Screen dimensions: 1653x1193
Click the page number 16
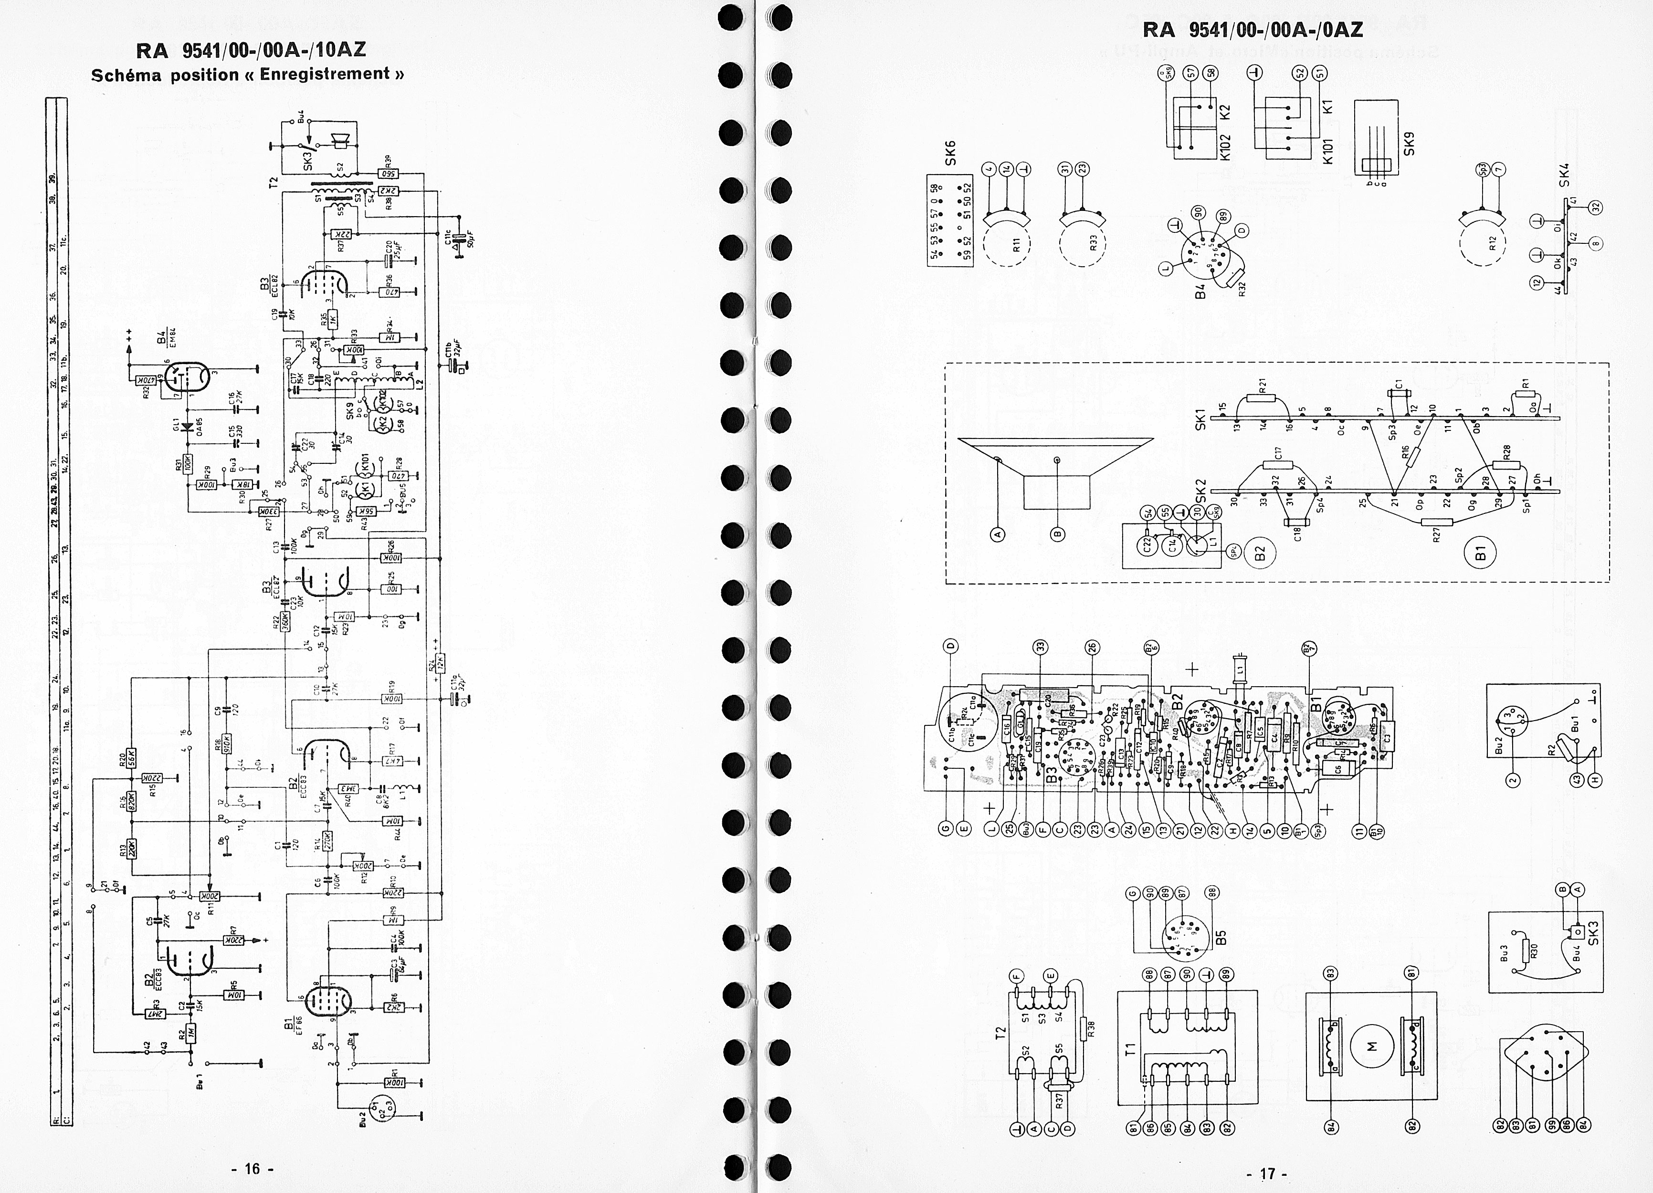pos(252,1169)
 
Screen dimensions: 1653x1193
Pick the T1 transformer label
pos(1130,1049)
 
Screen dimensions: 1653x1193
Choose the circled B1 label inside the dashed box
pos(1480,553)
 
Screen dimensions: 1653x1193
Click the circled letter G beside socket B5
pos(1131,893)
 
